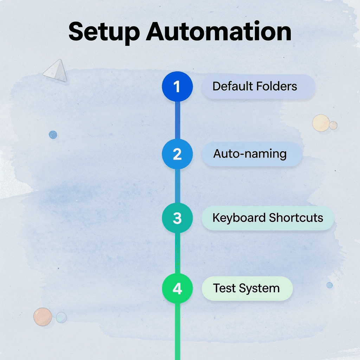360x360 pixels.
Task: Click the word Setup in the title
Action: (104, 32)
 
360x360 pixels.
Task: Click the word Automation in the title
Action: (218, 32)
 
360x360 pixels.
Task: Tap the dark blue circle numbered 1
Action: (177, 86)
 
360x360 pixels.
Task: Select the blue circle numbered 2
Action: (177, 154)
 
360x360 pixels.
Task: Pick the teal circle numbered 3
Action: (177, 218)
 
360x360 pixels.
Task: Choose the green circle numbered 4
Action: (177, 289)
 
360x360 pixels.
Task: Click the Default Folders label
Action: (255, 86)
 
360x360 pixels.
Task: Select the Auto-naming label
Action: (250, 154)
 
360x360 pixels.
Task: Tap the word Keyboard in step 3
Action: (239, 218)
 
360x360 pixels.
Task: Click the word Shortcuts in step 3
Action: (296, 218)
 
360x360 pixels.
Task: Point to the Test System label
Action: (246, 288)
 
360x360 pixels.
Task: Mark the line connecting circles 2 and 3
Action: (177, 186)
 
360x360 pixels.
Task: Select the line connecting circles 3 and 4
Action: (177, 253)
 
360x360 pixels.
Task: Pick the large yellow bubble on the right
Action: (321, 123)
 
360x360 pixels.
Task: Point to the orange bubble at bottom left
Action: (43, 316)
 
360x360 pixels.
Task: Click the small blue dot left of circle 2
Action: (53, 134)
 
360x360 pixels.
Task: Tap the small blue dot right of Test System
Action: (329, 285)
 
